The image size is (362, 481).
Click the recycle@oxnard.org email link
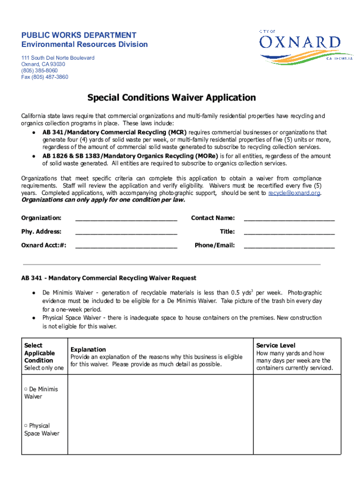coord(294,193)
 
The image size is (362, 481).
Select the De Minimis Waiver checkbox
coord(26,389)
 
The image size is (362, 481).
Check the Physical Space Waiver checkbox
coord(26,426)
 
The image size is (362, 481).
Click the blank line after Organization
coord(126,218)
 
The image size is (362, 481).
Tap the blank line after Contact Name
coord(289,218)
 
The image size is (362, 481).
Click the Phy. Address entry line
coord(126,232)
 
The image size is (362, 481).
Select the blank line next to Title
coord(289,232)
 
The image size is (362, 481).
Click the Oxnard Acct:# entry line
coord(126,246)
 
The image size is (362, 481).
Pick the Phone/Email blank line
coord(289,246)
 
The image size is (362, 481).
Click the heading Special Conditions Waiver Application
coord(172,98)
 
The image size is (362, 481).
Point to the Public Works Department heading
coord(79,35)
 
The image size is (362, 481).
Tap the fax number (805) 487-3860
coord(45,77)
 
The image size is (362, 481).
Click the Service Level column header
coord(275,345)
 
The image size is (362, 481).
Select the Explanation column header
coord(88,349)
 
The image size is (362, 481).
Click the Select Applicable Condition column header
coord(39,353)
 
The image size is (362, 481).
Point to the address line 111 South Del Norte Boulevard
coord(57,58)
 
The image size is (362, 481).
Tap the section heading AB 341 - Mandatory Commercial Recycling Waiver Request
coord(109,278)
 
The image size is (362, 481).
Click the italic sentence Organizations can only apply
coord(103,200)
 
